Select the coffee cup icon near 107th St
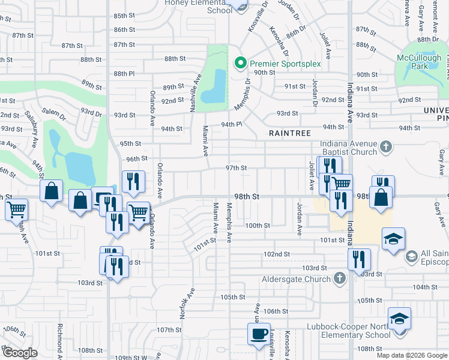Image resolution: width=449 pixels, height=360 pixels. tap(259, 334)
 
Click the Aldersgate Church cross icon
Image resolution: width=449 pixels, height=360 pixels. tap(340, 278)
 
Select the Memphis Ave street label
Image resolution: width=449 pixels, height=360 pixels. tap(229, 223)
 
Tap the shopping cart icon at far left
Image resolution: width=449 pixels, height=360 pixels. tap(16, 209)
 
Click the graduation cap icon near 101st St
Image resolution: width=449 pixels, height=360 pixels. tap(393, 239)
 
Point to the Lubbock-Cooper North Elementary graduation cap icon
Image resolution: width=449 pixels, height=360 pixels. tap(399, 319)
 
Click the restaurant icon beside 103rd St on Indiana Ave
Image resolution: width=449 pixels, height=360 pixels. tap(359, 259)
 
